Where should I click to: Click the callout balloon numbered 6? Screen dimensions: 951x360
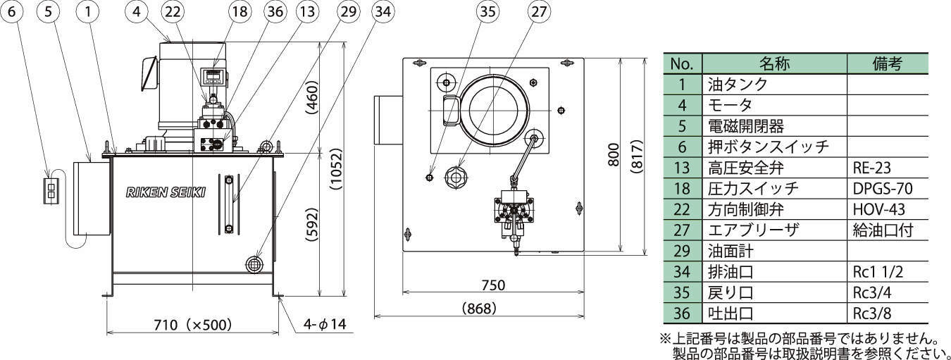pyautogui.click(x=11, y=11)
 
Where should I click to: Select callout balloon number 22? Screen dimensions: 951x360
pyautogui.click(x=173, y=11)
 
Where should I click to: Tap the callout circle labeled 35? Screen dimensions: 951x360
pyautogui.click(x=487, y=11)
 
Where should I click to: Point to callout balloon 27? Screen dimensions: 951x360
pyautogui.click(x=538, y=11)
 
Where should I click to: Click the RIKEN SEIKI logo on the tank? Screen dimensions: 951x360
pyautogui.click(x=166, y=193)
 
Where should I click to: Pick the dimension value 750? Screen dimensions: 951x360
pyautogui.click(x=493, y=285)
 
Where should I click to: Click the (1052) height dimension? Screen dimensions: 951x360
pyautogui.click(x=336, y=169)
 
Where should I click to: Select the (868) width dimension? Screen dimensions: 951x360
pyautogui.click(x=479, y=308)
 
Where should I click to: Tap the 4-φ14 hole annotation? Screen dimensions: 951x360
pyautogui.click(x=325, y=325)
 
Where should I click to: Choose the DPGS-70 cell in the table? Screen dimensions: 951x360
pyautogui.click(x=883, y=189)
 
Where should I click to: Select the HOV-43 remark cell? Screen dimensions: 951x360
pyautogui.click(x=879, y=209)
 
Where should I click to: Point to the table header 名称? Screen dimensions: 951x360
pyautogui.click(x=774, y=63)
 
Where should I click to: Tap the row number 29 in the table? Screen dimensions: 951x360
pyautogui.click(x=682, y=251)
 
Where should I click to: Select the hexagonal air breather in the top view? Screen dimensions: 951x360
pyautogui.click(x=455, y=175)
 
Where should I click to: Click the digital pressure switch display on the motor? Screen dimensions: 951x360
pyautogui.click(x=213, y=76)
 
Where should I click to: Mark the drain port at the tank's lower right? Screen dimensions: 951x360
pyautogui.click(x=254, y=263)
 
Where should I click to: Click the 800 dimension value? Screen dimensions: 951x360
pyautogui.click(x=614, y=154)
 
